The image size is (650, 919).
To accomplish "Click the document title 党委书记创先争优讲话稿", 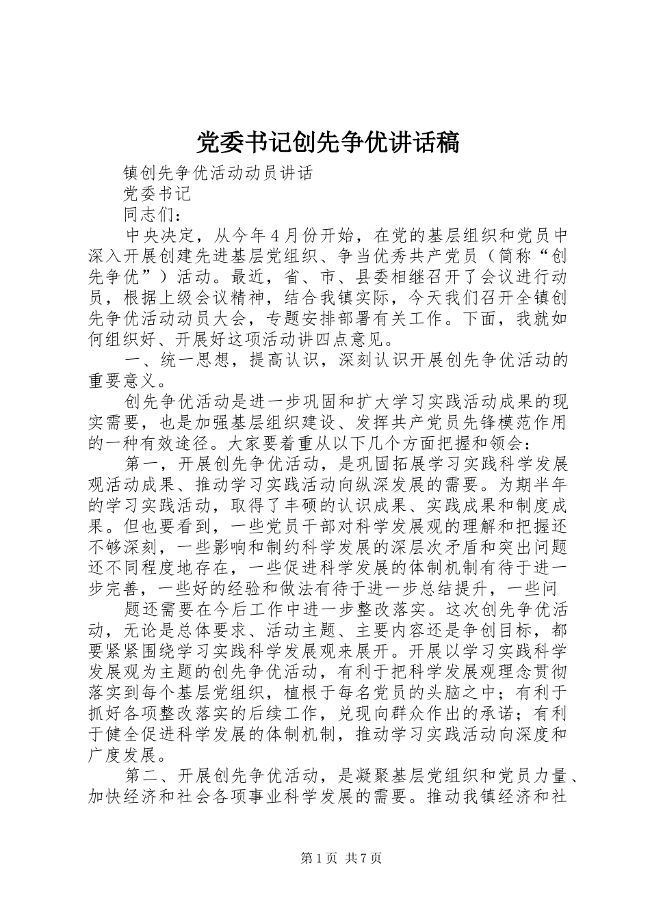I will click(328, 143).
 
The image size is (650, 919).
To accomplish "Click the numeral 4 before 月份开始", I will click(274, 236).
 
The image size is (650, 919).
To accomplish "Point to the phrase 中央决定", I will click(160, 236).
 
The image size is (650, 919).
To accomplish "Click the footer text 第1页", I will click(318, 859).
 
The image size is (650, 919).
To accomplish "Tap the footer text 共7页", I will click(364, 859).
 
